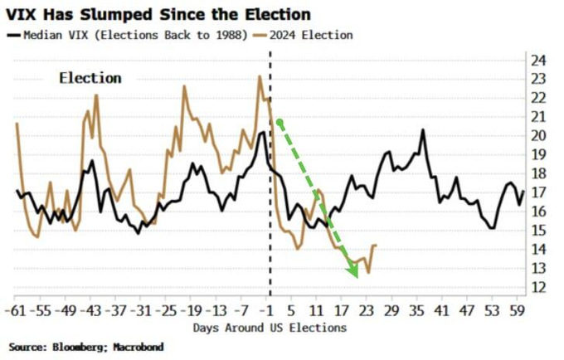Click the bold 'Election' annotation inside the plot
(90, 78)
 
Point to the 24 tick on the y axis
(538, 61)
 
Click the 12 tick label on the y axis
(538, 287)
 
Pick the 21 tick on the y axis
(538, 117)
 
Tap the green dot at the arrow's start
(280, 123)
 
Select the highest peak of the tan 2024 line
(260, 76)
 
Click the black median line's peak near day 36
(423, 129)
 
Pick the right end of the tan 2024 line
(376, 245)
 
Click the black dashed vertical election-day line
(270, 207)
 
